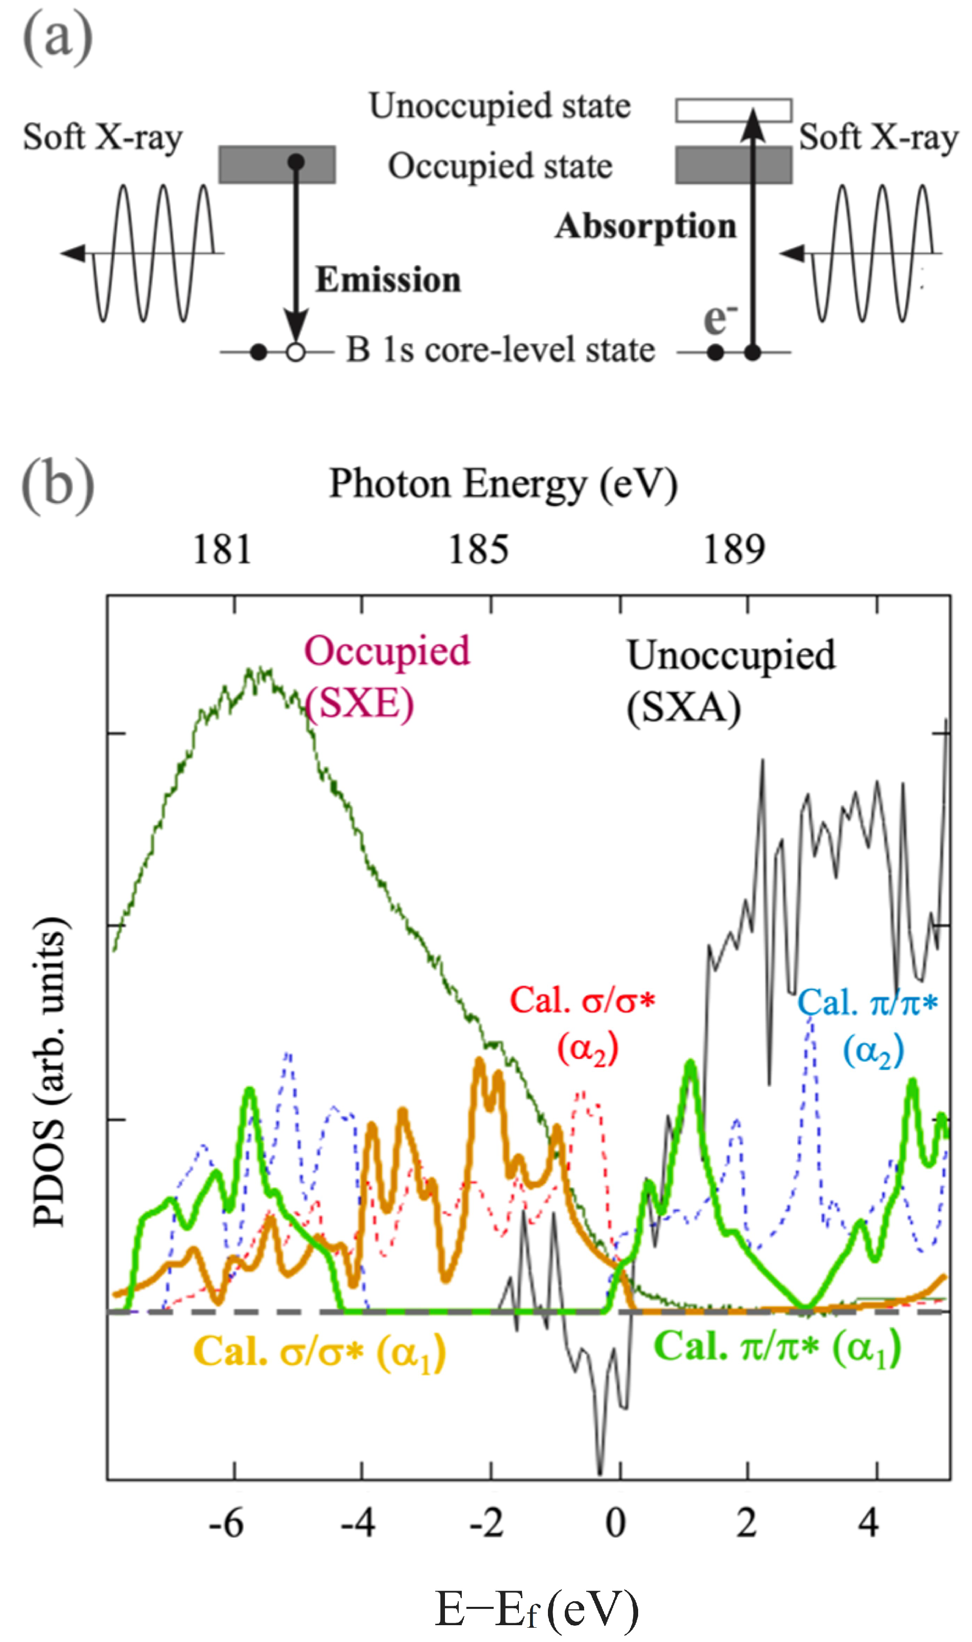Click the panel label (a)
pos(58,38)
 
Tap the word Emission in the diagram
pos(388,280)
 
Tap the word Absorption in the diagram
pos(645,227)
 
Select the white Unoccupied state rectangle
pos(733,110)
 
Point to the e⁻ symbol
pos(719,319)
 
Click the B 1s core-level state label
pos(501,350)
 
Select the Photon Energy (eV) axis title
pos(503,485)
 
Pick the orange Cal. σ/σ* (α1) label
pos(320,1352)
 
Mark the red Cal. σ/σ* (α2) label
pos(582,1023)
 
